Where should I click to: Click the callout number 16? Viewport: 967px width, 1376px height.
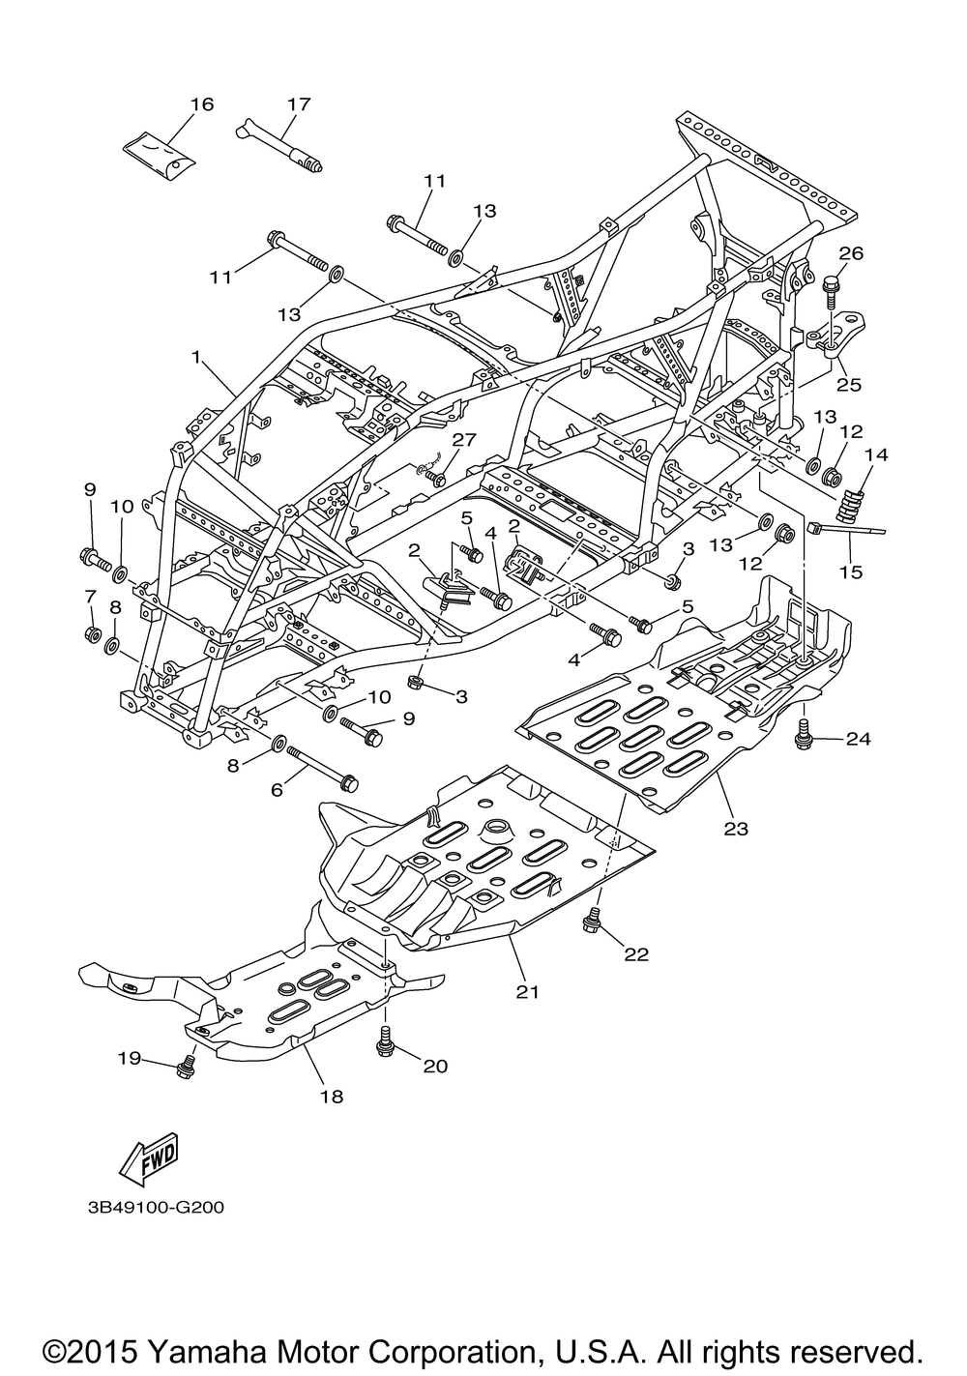(201, 104)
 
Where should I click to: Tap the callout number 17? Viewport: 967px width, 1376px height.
(299, 104)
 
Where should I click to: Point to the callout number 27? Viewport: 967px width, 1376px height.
(464, 439)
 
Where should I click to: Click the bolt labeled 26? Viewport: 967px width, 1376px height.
(832, 292)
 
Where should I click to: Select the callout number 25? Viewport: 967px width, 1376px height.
(850, 385)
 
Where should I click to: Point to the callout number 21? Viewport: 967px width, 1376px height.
(527, 992)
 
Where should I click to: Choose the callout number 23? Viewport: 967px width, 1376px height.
(736, 830)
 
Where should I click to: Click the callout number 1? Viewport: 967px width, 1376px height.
(196, 357)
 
